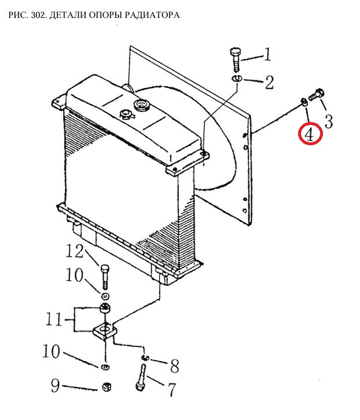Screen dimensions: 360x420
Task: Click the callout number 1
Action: [267, 54]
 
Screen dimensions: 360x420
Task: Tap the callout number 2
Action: [269, 83]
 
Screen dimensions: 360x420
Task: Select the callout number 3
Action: [329, 121]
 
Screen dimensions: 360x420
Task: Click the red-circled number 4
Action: [310, 134]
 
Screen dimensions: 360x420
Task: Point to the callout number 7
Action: [171, 389]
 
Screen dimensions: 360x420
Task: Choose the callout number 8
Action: [175, 366]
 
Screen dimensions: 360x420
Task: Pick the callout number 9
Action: [55, 385]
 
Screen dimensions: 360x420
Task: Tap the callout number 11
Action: [54, 319]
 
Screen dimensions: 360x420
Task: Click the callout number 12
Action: [75, 252]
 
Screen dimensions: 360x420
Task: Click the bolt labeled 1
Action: [236, 60]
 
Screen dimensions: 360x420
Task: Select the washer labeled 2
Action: [237, 79]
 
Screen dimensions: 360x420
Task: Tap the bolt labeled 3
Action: [317, 95]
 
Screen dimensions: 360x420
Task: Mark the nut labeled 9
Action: [106, 387]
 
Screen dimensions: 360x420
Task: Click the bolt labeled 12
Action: [105, 277]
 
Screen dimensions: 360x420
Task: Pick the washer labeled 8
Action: [145, 358]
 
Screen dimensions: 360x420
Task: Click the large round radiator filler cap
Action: [142, 105]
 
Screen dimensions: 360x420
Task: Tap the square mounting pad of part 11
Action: [105, 331]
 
